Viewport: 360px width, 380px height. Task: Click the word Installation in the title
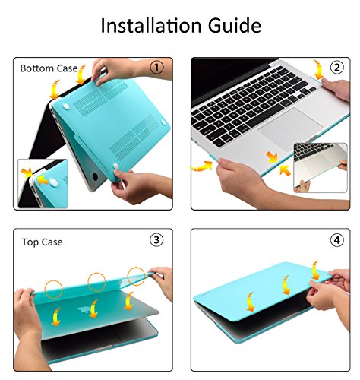point(151,25)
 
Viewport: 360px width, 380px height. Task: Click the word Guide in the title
point(235,25)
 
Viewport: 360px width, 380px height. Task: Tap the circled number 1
point(156,68)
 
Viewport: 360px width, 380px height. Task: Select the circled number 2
point(337,68)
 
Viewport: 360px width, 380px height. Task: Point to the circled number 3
point(156,240)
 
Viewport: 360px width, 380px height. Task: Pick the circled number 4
point(337,240)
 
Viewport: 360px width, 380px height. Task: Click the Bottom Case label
point(49,68)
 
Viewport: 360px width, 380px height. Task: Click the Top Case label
point(42,242)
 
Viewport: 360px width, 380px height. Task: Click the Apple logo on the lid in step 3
point(84,310)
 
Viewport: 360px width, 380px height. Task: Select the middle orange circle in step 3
point(96,282)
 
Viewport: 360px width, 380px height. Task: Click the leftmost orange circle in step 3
point(53,290)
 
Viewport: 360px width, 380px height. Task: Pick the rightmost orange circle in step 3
point(136,276)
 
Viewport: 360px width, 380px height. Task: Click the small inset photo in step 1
point(43,184)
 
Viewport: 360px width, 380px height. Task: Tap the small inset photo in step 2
point(321,168)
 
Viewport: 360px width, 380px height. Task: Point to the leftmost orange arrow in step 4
point(250,302)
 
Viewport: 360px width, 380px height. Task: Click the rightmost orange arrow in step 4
point(315,270)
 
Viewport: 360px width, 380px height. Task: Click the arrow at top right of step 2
point(318,69)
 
